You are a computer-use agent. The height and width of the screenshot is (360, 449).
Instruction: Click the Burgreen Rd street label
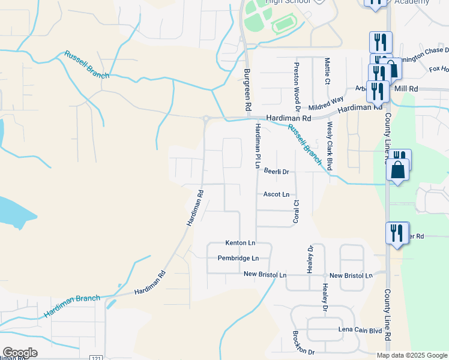247,89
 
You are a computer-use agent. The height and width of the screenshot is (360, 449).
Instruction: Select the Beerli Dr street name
277,172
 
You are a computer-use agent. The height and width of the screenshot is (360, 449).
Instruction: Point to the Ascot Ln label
276,194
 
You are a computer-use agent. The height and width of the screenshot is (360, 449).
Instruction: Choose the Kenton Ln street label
240,243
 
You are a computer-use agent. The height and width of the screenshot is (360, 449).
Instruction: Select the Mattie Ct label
327,71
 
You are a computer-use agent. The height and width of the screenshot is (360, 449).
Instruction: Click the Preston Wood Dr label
297,83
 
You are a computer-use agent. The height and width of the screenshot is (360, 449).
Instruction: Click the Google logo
20,353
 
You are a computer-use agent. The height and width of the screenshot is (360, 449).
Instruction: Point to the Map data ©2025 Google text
411,355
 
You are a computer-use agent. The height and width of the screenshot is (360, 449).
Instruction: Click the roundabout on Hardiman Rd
206,119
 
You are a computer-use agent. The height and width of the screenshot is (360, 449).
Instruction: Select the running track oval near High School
285,26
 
